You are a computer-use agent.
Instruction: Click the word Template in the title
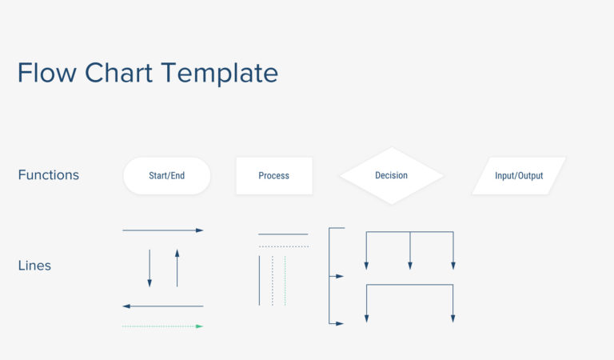coord(221,74)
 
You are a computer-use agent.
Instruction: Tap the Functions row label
coord(49,174)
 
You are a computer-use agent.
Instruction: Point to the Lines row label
coord(34,266)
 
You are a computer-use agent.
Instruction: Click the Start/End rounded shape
coord(166,175)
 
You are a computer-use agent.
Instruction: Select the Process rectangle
coord(273,175)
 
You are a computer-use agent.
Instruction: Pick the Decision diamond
coord(391,175)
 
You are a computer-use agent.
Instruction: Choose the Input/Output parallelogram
coord(518,175)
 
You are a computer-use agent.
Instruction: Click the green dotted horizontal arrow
coord(163,326)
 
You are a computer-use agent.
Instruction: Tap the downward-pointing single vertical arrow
coord(150,268)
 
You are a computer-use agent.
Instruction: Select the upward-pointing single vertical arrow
coord(177,268)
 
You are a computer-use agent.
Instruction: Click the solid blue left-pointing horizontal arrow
coord(163,306)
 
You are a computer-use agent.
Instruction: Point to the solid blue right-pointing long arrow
coord(163,230)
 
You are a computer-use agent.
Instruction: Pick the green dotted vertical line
coord(285,280)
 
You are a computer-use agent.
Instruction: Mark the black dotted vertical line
coord(273,280)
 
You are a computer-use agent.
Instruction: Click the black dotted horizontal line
coord(283,246)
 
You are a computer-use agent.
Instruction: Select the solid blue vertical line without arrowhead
coord(259,280)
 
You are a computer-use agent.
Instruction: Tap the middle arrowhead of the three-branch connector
coord(410,265)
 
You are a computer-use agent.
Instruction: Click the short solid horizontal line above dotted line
coord(283,234)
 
